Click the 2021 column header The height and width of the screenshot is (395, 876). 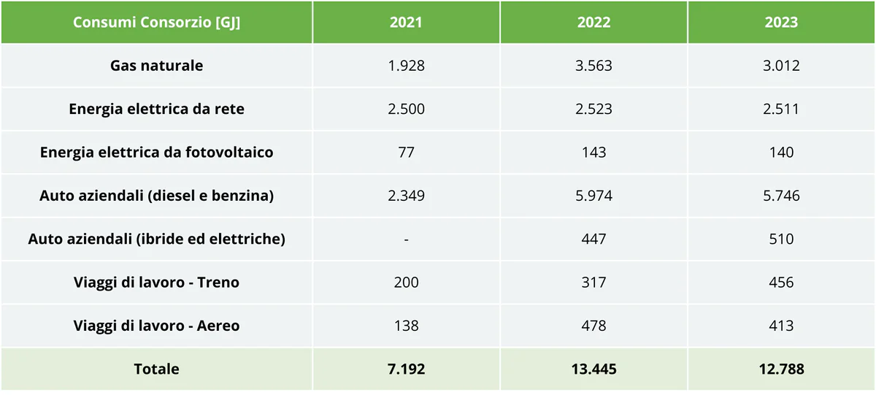coord(406,22)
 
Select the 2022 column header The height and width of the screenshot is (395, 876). coord(593,22)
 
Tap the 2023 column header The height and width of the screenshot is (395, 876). coord(781,22)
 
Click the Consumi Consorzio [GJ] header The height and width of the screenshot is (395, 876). coord(156,22)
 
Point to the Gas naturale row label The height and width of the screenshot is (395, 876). coord(156,66)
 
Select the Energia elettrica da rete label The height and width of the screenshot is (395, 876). coord(156,109)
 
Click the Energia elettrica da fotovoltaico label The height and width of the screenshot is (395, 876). coord(156,152)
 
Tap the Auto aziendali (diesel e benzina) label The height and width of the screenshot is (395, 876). coord(156,196)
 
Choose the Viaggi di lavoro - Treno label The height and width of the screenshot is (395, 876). coord(156,282)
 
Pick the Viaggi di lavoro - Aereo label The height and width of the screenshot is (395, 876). coord(156,326)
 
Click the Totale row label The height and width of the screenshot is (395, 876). coord(156,369)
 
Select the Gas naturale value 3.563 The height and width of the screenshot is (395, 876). coord(593,66)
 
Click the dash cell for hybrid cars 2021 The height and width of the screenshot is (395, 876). coord(406,239)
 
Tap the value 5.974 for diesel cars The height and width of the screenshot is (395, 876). coord(593,196)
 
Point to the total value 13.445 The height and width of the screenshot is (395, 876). coord(593,369)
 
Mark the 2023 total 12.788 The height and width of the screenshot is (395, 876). coord(781,369)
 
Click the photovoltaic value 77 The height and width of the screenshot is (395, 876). coord(406,152)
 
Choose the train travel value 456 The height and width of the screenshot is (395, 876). coord(781,282)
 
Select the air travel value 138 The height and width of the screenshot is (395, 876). coord(406,326)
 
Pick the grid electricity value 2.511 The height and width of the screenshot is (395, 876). coord(781,109)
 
